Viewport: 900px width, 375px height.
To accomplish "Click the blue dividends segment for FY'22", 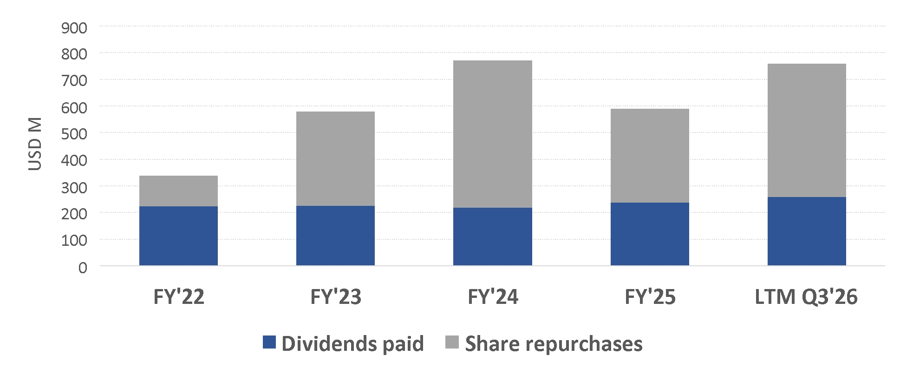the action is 178,236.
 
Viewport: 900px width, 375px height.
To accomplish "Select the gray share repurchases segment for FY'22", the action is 178,191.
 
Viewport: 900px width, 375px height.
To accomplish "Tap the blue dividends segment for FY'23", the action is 335,236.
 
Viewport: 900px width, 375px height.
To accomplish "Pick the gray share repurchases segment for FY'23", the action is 335,158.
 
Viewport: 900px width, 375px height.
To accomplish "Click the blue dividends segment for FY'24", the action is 493,237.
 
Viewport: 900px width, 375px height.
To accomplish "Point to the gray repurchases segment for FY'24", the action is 493,134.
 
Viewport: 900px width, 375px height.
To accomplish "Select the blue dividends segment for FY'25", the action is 650,234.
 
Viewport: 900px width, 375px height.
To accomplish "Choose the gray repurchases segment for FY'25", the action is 650,156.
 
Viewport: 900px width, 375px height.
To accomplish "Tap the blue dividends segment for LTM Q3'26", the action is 807,231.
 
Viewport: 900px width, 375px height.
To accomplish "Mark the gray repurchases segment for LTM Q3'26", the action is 807,131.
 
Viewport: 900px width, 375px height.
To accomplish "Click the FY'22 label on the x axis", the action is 179,297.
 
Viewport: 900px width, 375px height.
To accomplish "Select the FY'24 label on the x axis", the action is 493,297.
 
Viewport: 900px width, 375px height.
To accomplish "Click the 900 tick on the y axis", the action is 74,28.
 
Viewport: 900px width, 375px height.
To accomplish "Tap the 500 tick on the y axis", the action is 74,134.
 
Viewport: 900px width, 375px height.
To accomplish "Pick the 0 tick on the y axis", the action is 83,268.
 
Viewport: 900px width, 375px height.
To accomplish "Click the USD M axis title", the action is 35,144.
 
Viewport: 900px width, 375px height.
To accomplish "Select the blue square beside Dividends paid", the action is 269,342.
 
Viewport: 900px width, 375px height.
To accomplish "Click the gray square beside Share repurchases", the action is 452,342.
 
